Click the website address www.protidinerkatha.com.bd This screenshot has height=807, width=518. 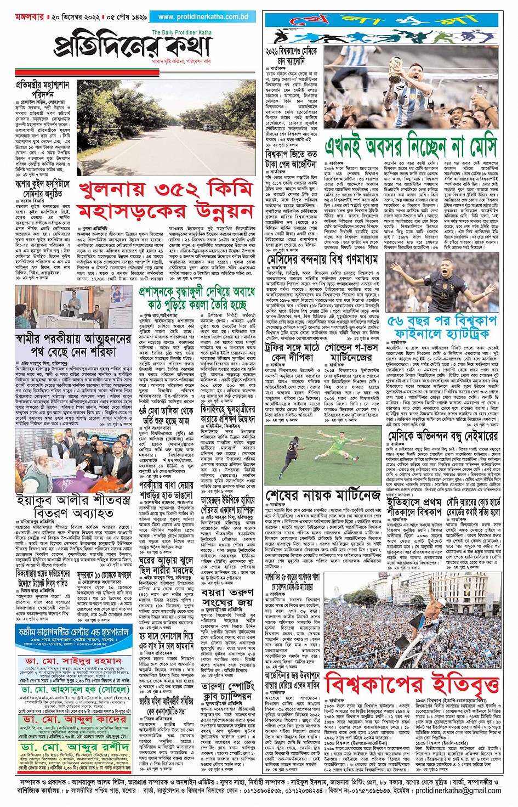pyautogui.click(x=203, y=17)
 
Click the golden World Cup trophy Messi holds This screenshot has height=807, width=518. pyautogui.click(x=396, y=71)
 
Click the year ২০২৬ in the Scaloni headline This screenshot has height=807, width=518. pyautogui.click(x=276, y=51)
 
